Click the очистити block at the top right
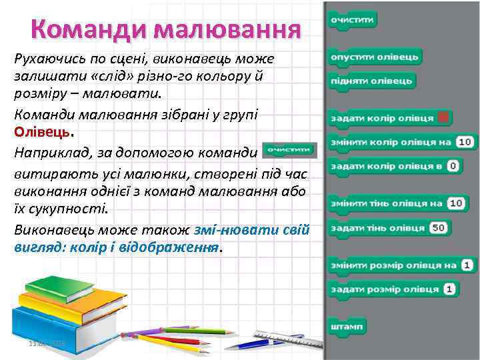352,21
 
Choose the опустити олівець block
375,57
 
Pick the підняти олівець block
372,81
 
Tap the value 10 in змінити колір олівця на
465,141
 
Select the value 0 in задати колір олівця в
454,165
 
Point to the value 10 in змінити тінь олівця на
457,203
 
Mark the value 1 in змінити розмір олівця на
467,265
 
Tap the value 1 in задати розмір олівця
449,289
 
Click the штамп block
347,327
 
